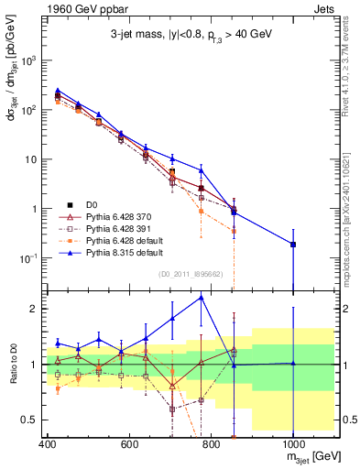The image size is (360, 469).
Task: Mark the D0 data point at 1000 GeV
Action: click(x=293, y=245)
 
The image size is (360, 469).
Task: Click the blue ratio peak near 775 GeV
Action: click(x=201, y=298)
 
